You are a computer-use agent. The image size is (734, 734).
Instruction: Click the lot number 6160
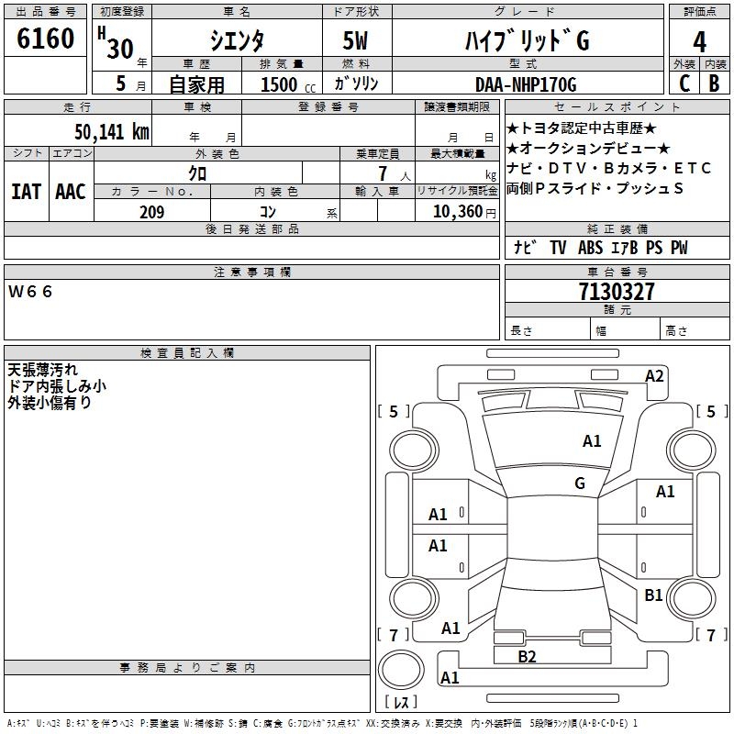pyautogui.click(x=46, y=39)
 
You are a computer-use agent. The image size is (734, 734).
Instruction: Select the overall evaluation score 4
pyautogui.click(x=700, y=41)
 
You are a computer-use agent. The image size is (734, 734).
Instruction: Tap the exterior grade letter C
pyautogui.click(x=684, y=83)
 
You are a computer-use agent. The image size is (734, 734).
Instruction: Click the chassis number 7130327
pyautogui.click(x=617, y=292)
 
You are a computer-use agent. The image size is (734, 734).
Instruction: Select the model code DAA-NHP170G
pyautogui.click(x=526, y=84)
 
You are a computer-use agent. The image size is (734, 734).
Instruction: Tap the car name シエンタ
pyautogui.click(x=237, y=41)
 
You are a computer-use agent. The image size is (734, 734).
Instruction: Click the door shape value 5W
pyautogui.click(x=357, y=41)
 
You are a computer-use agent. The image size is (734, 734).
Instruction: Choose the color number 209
pyautogui.click(x=151, y=212)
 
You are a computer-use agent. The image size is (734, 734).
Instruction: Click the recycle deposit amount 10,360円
pyautogui.click(x=456, y=212)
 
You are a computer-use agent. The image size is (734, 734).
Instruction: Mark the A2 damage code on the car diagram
pyautogui.click(x=654, y=375)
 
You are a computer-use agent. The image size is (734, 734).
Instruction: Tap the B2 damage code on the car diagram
pyautogui.click(x=527, y=656)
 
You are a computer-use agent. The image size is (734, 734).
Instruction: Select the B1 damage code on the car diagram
pyautogui.click(x=653, y=595)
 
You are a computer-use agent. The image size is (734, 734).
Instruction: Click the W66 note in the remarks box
pyautogui.click(x=32, y=292)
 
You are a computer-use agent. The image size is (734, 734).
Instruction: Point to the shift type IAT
pyautogui.click(x=26, y=192)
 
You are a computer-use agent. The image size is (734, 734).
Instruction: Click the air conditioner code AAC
pyautogui.click(x=71, y=192)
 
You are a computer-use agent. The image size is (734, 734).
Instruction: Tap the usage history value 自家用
pyautogui.click(x=197, y=84)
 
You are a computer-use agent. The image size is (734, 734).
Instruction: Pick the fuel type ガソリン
pyautogui.click(x=357, y=84)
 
